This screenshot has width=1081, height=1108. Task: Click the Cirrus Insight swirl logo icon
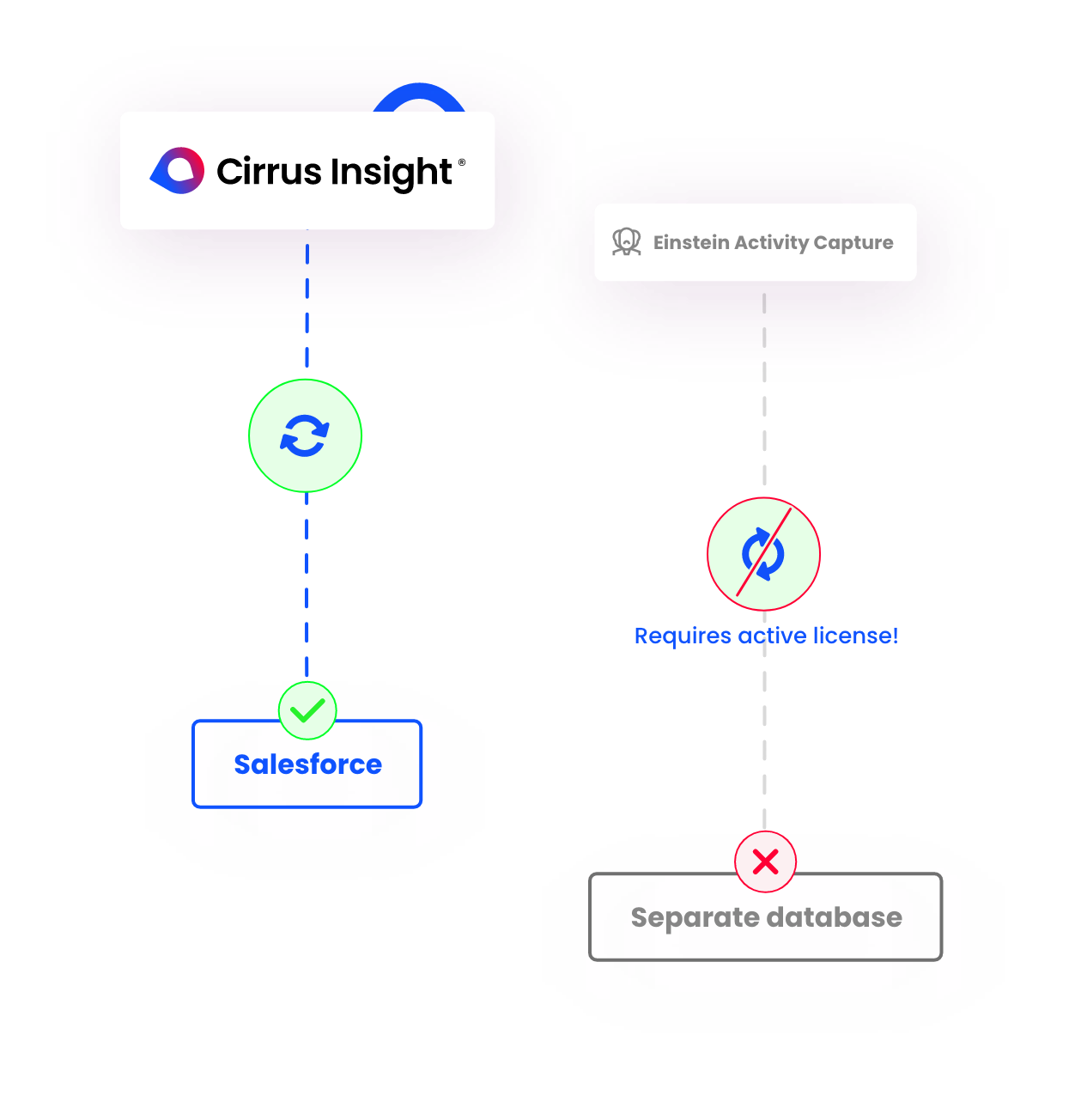click(178, 170)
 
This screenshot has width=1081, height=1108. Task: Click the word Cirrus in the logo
click(269, 171)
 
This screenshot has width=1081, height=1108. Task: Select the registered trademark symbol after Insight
click(462, 161)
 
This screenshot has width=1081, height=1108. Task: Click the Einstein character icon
click(627, 242)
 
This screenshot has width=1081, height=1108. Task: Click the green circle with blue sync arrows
click(305, 435)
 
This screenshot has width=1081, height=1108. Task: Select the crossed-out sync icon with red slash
click(763, 554)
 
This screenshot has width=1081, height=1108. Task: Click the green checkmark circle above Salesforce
click(307, 710)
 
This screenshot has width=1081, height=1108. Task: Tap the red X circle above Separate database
click(765, 861)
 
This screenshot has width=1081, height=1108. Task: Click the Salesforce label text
click(307, 764)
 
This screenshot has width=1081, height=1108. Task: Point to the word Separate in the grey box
click(693, 917)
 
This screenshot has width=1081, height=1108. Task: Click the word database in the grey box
click(834, 917)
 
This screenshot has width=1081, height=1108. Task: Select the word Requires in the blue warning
click(683, 636)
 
